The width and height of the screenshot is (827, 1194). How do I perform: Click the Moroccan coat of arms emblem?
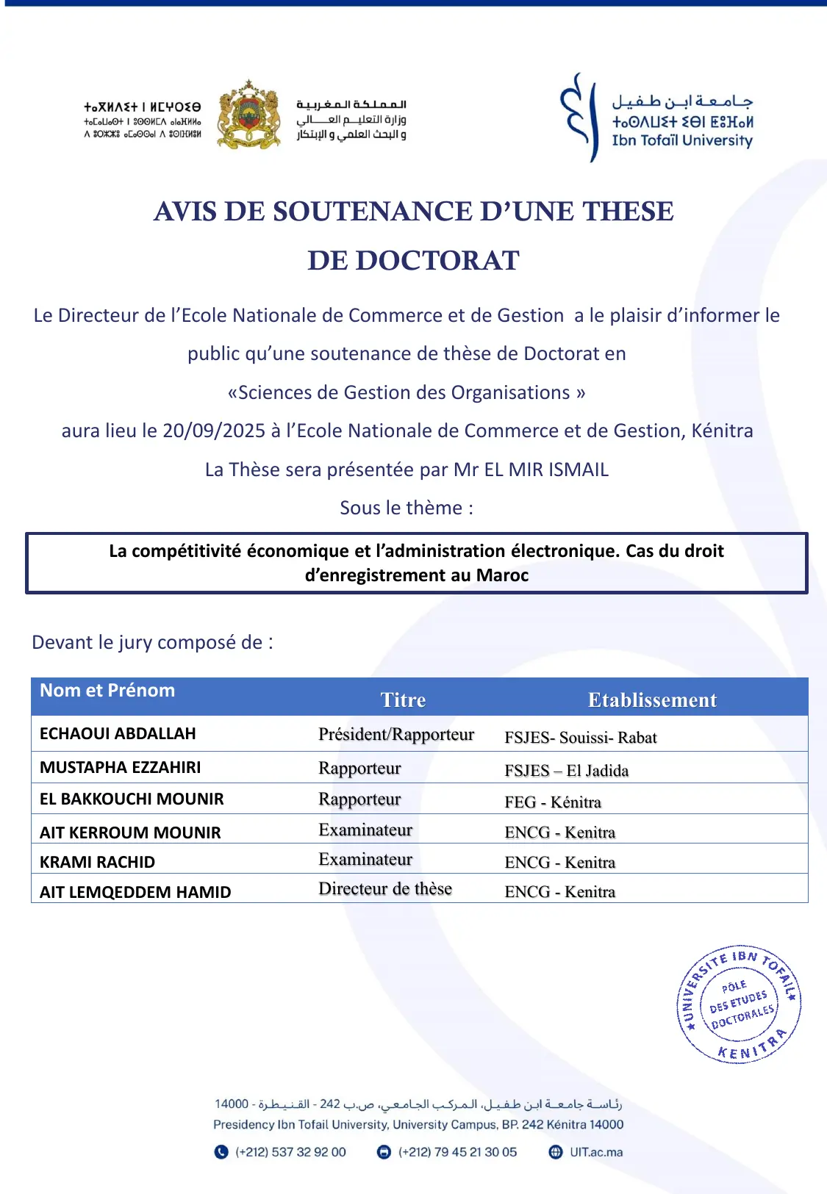point(249,115)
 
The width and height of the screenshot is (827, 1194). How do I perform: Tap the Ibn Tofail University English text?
point(682,140)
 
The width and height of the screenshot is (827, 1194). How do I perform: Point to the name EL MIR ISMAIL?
point(546,470)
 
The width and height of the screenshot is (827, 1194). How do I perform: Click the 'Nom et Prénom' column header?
point(107,691)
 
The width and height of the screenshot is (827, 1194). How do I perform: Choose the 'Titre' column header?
point(403,700)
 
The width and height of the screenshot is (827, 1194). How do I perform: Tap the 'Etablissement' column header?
point(652,700)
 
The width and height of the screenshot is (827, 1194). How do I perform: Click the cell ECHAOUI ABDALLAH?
point(118,733)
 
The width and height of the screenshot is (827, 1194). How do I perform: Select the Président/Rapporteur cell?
point(396,734)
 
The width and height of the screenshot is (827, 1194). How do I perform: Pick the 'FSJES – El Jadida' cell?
point(567,770)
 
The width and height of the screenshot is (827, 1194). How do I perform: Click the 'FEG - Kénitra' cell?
point(553,802)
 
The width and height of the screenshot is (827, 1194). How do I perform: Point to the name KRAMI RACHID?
point(97,862)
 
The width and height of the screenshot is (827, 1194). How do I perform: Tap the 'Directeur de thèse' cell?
point(385,888)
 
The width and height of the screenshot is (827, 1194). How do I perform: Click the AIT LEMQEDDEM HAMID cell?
point(135,892)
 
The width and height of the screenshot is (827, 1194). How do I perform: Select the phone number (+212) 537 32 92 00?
point(290,1152)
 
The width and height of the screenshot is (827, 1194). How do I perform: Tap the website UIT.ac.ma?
point(596,1152)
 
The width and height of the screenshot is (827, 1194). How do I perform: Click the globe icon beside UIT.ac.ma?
point(556,1152)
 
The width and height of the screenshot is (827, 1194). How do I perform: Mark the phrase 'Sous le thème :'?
point(407,508)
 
